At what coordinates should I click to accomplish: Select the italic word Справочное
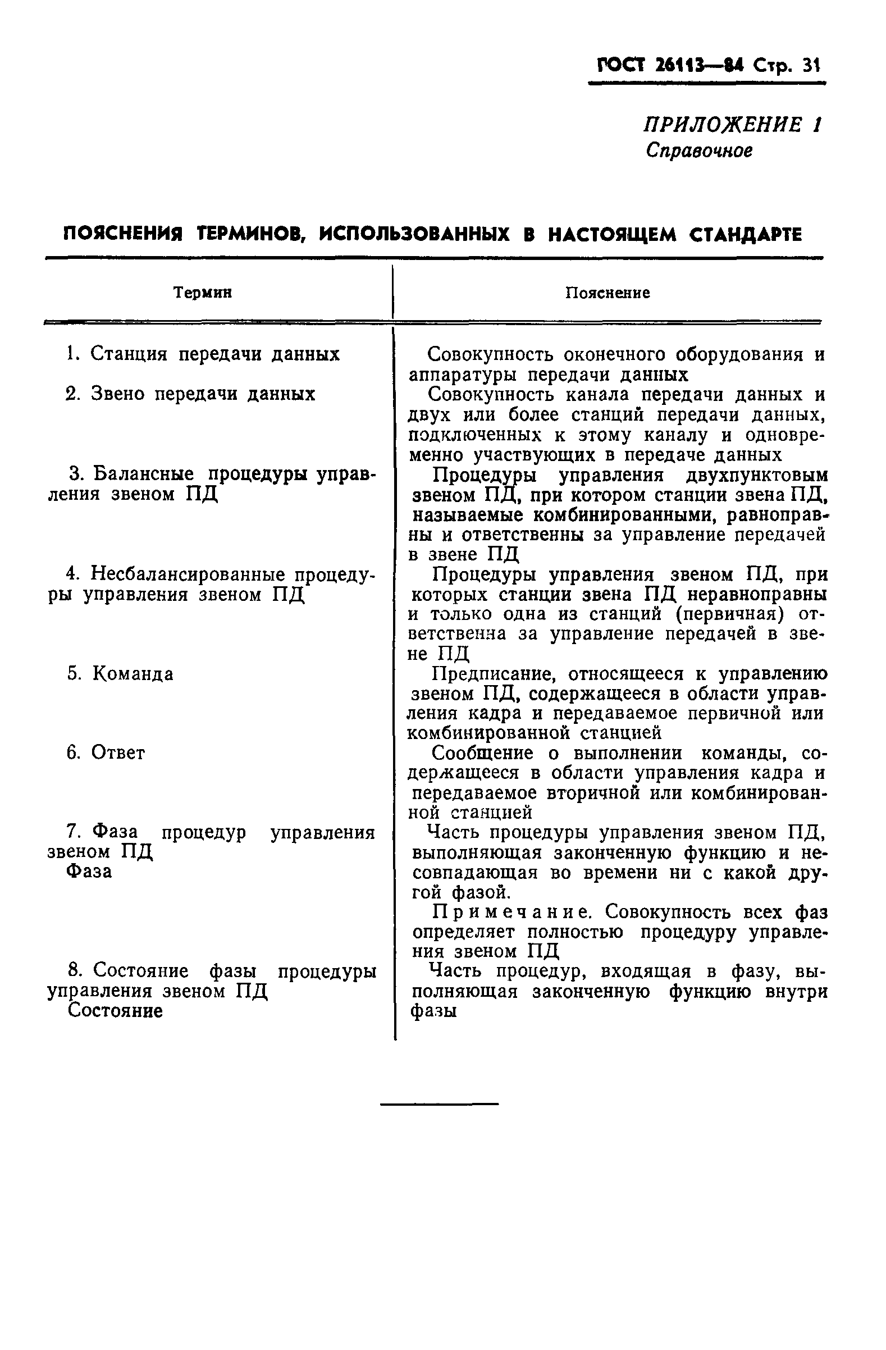click(699, 150)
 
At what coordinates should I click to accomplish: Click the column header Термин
click(203, 293)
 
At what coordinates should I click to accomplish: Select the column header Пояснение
click(608, 293)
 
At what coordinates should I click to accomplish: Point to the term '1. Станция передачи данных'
click(203, 354)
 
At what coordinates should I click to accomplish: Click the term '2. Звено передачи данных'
click(190, 394)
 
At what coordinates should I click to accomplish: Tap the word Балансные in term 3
click(143, 473)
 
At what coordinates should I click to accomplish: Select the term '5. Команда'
click(120, 674)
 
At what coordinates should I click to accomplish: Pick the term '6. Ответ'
click(106, 752)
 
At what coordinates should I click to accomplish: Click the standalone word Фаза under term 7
click(89, 870)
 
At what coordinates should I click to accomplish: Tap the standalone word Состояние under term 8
click(115, 1010)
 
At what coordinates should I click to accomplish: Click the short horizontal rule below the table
click(439, 1103)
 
